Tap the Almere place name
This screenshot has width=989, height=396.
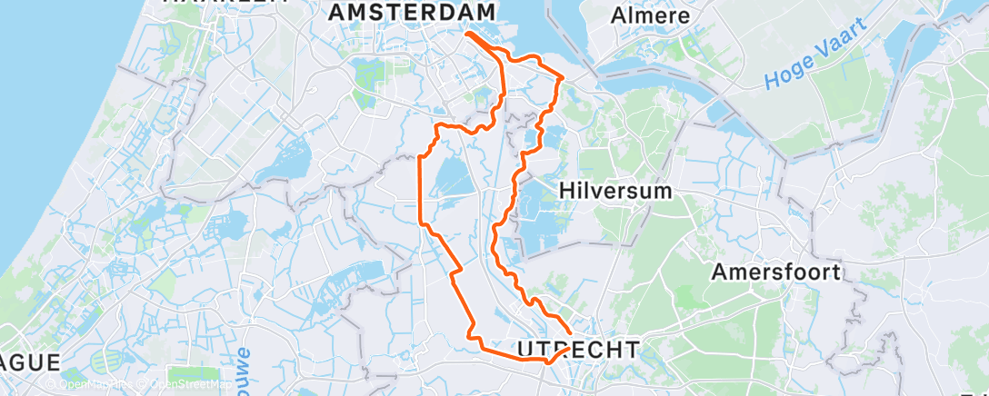(650, 15)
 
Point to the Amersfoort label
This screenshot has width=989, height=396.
(776, 272)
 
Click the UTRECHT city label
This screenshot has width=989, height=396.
(577, 349)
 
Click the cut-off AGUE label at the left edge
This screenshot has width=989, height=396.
(29, 361)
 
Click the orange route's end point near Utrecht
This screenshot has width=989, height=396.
(570, 333)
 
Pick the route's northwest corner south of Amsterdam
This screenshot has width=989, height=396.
(439, 124)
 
